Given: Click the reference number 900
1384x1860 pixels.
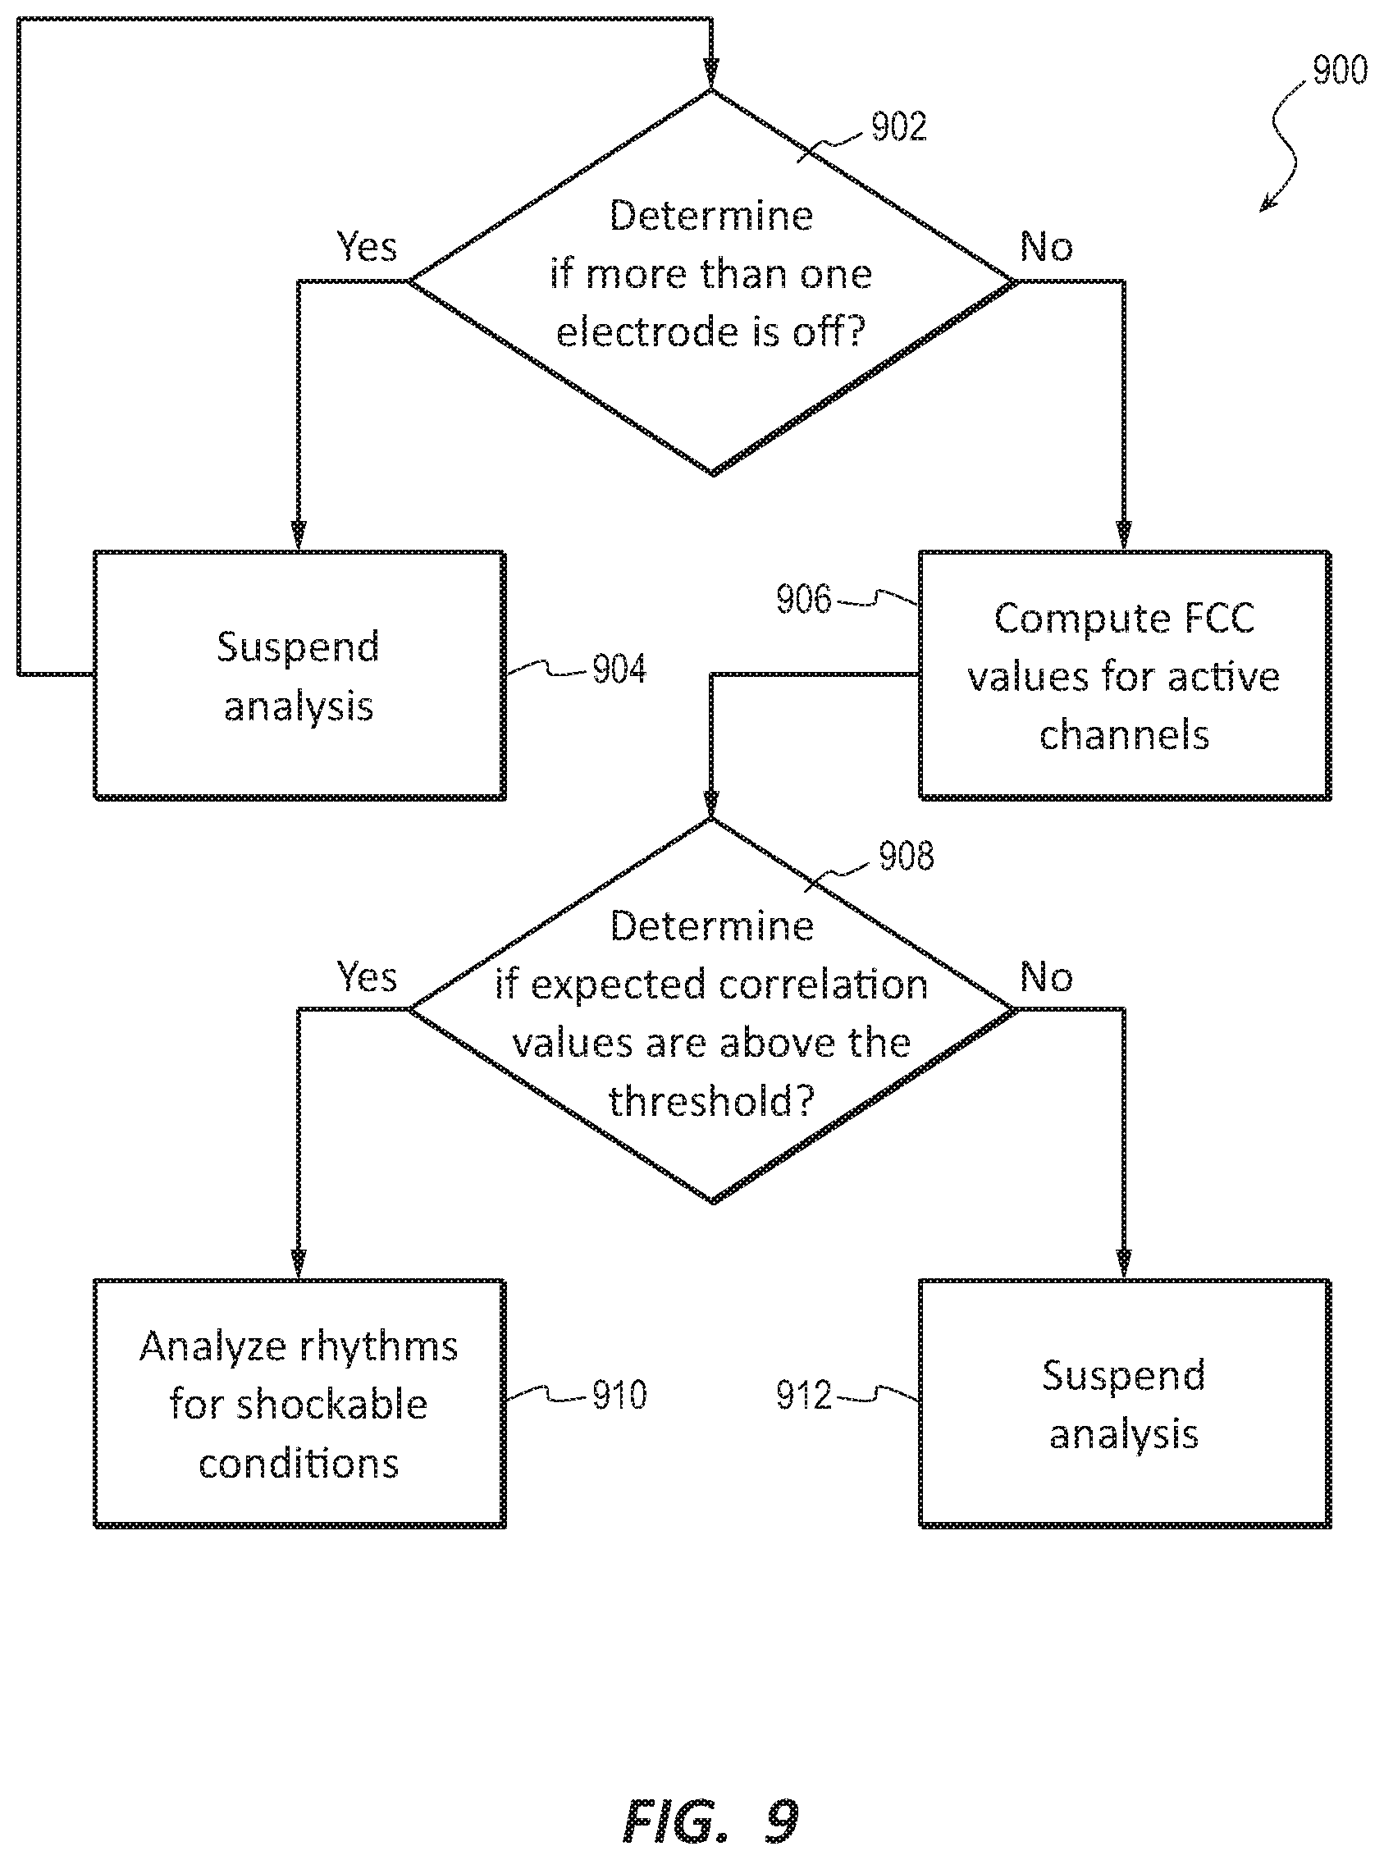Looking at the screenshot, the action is pos(1340,70).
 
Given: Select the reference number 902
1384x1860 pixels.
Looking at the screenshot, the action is pos(899,126).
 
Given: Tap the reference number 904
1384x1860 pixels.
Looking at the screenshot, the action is pos(619,669).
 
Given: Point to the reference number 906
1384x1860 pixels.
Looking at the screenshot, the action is pos(803,599).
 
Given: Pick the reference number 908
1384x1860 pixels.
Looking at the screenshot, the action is pos(906,857).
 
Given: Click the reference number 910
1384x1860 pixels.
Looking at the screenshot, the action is pos(619,1395).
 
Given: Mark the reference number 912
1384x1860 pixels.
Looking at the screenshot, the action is pos(803,1395).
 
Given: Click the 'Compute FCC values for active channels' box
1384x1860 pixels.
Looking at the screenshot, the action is pos(1124,675).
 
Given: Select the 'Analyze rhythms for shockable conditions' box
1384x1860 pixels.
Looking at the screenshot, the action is pos(299,1403).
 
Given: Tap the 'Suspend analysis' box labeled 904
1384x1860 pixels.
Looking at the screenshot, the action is pos(299,675).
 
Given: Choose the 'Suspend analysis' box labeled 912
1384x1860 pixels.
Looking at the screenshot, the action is pos(1124,1403).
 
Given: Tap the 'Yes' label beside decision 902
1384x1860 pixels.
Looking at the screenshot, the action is pos(366,246).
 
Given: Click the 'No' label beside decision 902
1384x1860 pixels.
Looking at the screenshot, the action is pos(1046,247).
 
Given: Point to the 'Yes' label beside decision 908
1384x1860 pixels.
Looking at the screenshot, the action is pos(366,977).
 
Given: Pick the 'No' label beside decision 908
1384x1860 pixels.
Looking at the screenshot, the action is pos(1046,977).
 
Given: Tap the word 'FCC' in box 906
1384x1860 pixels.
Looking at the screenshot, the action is pos(1218,619).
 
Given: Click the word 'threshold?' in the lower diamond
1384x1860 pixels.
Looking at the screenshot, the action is pos(711,1100).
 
